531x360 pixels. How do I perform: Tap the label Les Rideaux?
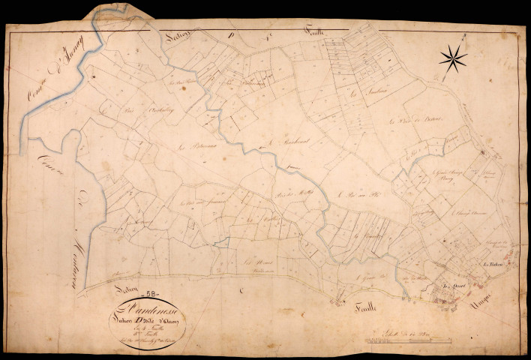coord(492,265)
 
